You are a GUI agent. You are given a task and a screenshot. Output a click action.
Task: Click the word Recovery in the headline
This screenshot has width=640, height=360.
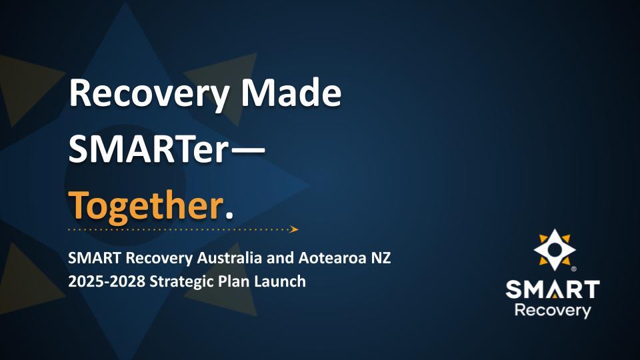click(x=147, y=95)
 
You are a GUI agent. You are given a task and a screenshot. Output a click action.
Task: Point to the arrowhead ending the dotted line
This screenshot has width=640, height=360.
click(x=294, y=229)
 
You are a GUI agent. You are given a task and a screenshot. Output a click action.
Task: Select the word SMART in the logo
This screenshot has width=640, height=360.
click(x=552, y=289)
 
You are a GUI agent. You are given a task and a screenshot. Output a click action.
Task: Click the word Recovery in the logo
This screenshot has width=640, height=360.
click(x=552, y=311)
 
